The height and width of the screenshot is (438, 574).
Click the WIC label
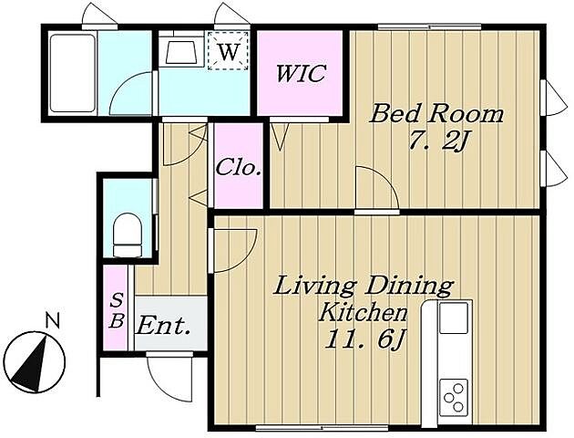coord(301,73)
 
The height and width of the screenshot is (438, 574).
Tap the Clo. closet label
coord(239,168)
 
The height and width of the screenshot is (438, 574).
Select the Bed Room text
coord(436,114)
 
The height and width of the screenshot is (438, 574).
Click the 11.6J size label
coord(364,340)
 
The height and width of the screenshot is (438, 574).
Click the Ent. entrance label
coord(163,326)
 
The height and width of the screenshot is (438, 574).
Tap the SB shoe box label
coord(117,311)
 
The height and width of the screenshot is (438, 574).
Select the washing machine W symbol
coord(229,51)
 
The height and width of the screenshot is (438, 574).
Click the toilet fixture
coord(128,235)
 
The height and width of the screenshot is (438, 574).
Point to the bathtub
coord(73,73)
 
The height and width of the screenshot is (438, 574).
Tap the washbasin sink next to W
coord(180,52)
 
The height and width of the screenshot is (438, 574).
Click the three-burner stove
coord(454,397)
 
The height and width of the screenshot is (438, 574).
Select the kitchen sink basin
coord(454,318)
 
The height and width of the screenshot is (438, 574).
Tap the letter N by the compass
coord(53,320)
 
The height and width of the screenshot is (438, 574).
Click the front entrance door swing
coord(169,378)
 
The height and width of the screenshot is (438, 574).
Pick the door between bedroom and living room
coord(377,189)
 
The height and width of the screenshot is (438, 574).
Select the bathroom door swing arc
coord(130,93)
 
